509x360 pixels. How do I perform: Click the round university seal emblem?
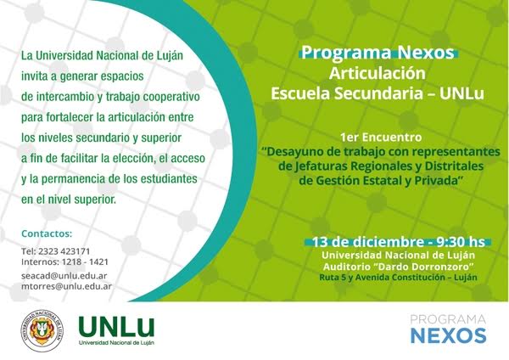click(x=42, y=330)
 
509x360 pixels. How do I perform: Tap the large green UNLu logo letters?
click(x=116, y=328)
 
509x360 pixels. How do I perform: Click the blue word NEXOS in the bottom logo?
click(x=448, y=335)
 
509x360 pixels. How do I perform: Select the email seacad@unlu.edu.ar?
click(x=64, y=276)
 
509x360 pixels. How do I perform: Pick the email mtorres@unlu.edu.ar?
click(x=66, y=286)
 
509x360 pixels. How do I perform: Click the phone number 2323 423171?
click(x=64, y=251)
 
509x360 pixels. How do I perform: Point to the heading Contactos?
click(x=47, y=233)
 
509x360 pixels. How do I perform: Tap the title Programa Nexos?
click(x=378, y=53)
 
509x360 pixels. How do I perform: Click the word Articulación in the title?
click(x=378, y=73)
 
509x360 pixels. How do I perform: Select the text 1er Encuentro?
click(x=381, y=138)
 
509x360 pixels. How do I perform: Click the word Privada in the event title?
click(x=436, y=180)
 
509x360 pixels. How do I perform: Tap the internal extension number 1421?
click(x=98, y=262)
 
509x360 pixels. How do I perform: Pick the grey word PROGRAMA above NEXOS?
click(x=448, y=320)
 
